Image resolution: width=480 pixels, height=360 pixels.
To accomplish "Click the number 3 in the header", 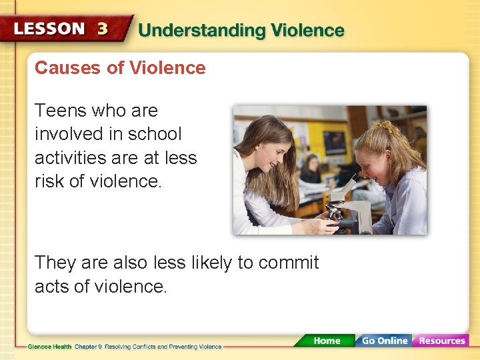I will coord(102,29).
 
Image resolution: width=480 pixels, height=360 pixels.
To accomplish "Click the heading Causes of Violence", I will coord(120,68).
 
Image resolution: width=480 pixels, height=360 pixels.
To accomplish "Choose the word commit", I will coord(289,263).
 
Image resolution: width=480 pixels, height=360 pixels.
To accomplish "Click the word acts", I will coord(53,287).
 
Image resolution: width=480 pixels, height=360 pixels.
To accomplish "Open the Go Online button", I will coord(383,341).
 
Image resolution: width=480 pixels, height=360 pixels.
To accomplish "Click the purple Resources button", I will coord(441,341).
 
